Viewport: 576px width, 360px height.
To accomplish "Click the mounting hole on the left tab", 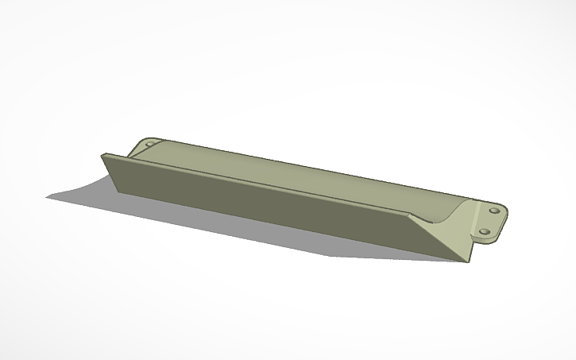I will tap(147, 145).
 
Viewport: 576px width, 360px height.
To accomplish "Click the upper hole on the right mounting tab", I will tap(494, 211).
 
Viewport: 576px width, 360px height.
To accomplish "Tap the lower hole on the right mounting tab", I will tap(484, 232).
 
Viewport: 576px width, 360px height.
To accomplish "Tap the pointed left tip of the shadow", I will tap(47, 197).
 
